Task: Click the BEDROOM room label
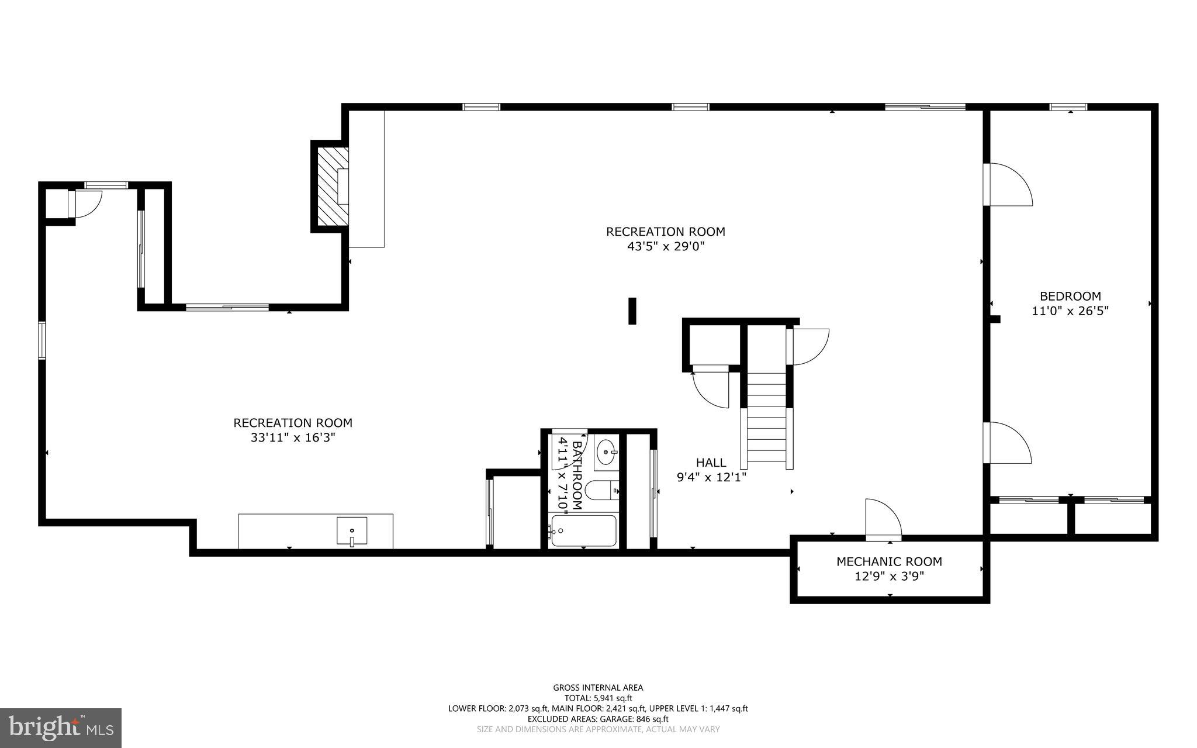coord(1070,296)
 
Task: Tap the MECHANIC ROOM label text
coord(889,561)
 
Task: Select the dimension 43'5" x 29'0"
coord(666,247)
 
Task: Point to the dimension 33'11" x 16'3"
coord(293,437)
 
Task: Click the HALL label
coord(711,463)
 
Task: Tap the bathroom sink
coord(607,452)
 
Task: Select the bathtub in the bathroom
coord(583,530)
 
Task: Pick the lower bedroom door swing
coord(1006,443)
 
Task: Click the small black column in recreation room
coord(632,311)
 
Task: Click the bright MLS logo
coord(60,728)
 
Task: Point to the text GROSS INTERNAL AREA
coord(598,688)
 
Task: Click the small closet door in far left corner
coord(85,204)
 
